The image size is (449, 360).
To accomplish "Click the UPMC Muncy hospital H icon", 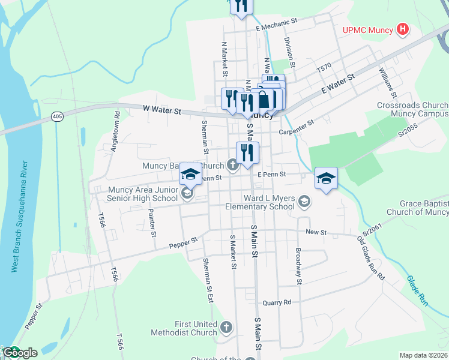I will (x=403, y=29).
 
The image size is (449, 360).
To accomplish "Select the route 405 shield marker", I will (x=57, y=116).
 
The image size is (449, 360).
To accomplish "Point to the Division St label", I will (x=289, y=51).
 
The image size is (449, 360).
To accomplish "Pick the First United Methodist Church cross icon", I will (x=226, y=327).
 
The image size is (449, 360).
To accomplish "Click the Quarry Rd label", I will (x=277, y=302).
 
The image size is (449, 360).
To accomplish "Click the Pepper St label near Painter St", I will (x=184, y=242).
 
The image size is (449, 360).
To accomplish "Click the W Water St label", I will (x=162, y=110).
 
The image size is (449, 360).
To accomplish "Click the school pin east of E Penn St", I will (x=326, y=178).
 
